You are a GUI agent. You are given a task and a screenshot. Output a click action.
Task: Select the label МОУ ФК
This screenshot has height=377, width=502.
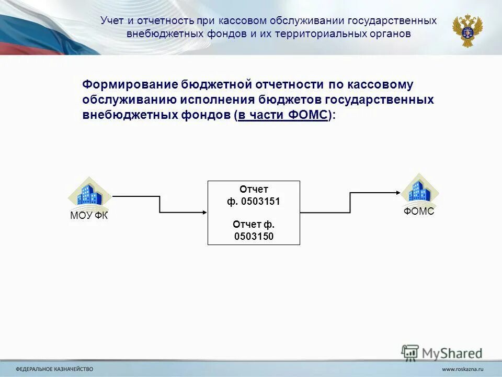[89, 216]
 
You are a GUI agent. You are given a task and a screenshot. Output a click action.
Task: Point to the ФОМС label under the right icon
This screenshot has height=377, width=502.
[419, 212]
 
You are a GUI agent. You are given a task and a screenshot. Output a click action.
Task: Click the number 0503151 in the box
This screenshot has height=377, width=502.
[260, 201]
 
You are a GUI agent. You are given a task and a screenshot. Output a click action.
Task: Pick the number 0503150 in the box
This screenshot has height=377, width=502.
[254, 236]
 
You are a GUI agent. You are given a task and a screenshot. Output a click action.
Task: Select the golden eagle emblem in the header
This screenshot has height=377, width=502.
[467, 30]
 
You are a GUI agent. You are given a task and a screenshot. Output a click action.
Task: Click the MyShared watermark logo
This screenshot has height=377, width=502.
[442, 352]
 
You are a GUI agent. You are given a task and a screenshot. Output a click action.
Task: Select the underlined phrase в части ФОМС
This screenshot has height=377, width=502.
[283, 115]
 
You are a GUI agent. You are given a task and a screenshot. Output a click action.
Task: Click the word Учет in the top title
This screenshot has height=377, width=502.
[112, 21]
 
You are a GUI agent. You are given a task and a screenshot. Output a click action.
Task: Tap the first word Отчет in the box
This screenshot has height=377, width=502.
[254, 189]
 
